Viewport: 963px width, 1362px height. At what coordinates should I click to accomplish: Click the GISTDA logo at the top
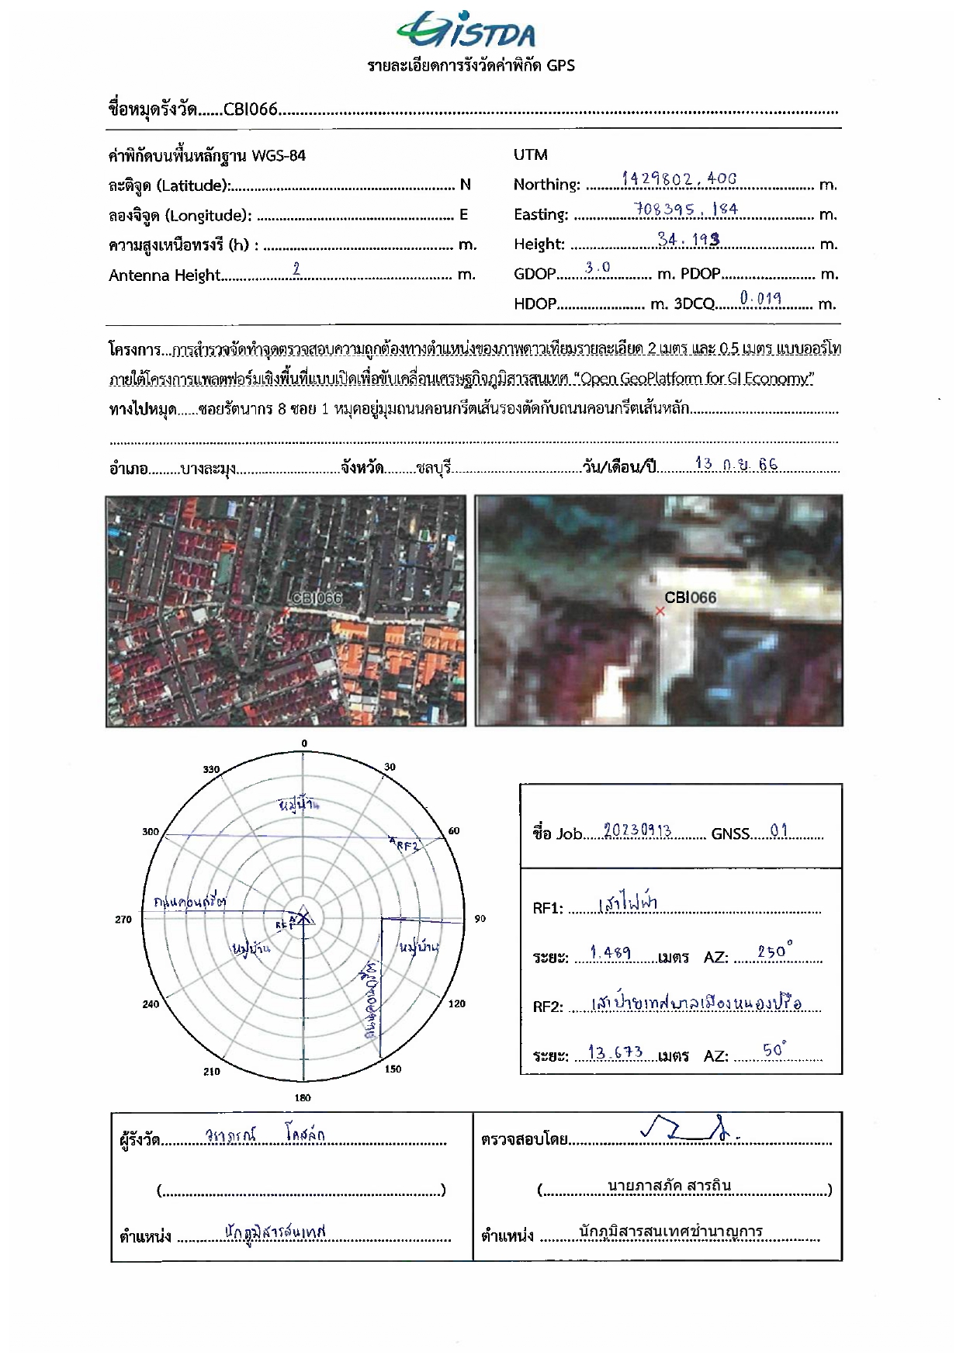click(x=466, y=30)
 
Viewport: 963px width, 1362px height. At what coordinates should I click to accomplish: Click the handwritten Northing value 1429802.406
click(x=678, y=179)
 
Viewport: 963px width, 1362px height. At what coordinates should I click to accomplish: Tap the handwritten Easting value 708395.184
click(x=685, y=210)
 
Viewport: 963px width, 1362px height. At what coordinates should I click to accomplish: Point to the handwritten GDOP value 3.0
click(x=598, y=268)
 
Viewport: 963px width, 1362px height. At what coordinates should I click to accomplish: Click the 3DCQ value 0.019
click(x=760, y=298)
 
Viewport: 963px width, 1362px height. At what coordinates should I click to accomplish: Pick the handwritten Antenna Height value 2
click(x=296, y=269)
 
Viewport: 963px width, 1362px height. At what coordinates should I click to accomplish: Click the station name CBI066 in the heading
click(x=250, y=109)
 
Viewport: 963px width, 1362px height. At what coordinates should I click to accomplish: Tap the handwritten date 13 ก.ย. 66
click(x=736, y=464)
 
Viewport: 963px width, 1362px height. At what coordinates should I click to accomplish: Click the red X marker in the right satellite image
click(x=660, y=612)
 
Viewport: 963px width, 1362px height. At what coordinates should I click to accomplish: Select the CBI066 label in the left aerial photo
click(x=316, y=598)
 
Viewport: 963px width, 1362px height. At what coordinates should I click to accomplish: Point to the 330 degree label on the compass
click(x=211, y=769)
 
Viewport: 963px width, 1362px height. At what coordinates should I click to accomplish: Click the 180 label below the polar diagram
click(x=303, y=1097)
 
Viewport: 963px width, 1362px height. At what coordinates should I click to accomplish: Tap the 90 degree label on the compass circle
click(x=480, y=919)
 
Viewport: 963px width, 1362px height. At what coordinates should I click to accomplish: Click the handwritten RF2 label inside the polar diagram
click(x=407, y=845)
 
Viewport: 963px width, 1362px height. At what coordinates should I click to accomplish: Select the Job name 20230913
click(x=637, y=830)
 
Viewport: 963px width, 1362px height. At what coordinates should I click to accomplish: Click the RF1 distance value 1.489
click(x=610, y=952)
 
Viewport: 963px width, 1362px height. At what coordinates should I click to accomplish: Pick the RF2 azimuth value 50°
click(x=774, y=1051)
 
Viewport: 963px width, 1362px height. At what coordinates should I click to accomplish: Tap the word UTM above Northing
click(x=530, y=154)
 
